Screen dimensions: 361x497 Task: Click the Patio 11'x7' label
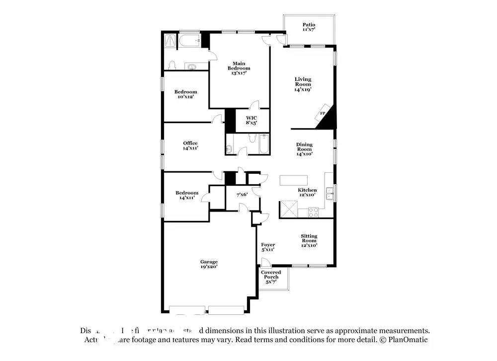pyautogui.click(x=309, y=27)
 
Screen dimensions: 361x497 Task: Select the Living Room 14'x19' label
pyautogui.click(x=303, y=84)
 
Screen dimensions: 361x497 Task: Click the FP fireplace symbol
pyautogui.click(x=322, y=114)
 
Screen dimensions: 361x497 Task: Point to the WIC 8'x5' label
pyautogui.click(x=251, y=121)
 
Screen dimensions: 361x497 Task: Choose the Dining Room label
pyautogui.click(x=304, y=149)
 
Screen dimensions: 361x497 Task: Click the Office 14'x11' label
pyautogui.click(x=190, y=145)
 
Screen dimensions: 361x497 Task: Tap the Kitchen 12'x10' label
pyautogui.click(x=307, y=193)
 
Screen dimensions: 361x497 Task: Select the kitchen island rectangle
pyautogui.click(x=294, y=180)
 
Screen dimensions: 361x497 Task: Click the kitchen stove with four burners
pyautogui.click(x=314, y=213)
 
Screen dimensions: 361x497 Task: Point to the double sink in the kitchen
pyautogui.click(x=329, y=191)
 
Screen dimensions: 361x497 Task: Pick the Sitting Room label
pyautogui.click(x=309, y=240)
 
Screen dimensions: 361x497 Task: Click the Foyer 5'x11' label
pyautogui.click(x=268, y=247)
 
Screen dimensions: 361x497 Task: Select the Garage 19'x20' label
pyautogui.click(x=209, y=264)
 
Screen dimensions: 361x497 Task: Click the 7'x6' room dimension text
pyautogui.click(x=242, y=195)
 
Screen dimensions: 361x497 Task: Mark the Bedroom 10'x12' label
pyautogui.click(x=185, y=94)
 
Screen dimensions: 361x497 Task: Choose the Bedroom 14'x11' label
pyautogui.click(x=186, y=195)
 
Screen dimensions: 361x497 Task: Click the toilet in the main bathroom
pyautogui.click(x=172, y=66)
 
